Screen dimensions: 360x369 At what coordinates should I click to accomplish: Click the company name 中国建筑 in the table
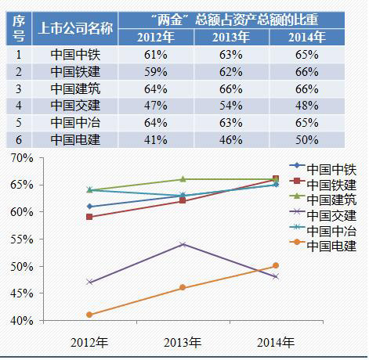[75, 87]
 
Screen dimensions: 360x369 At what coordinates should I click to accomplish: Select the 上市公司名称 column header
[75, 27]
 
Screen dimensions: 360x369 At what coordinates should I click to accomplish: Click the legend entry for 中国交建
[330, 215]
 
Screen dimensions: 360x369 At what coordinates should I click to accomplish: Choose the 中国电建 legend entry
[330, 246]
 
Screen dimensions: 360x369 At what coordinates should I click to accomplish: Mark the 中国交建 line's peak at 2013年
[183, 244]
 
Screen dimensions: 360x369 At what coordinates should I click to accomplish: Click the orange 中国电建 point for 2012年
[89, 315]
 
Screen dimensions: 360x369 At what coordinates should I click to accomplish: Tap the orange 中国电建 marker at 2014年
[276, 266]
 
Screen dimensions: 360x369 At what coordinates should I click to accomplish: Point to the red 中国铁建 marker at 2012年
[89, 217]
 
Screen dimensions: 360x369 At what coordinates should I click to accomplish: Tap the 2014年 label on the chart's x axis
[276, 343]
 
